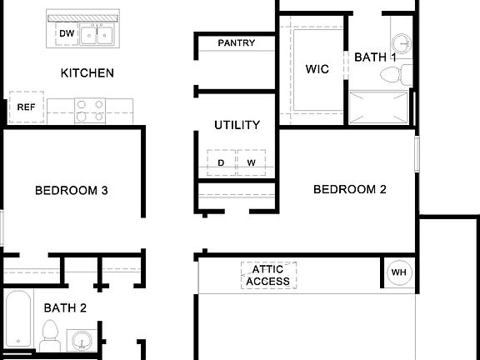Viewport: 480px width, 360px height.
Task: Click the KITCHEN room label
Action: click(x=87, y=72)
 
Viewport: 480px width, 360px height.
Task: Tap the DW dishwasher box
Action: click(x=67, y=33)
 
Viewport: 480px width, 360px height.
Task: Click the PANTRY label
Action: click(x=236, y=42)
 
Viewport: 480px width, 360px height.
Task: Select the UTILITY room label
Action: click(x=237, y=125)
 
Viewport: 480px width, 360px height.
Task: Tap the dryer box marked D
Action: click(x=221, y=162)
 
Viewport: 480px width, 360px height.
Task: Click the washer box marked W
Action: click(x=251, y=162)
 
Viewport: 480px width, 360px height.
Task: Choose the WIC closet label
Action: click(x=317, y=69)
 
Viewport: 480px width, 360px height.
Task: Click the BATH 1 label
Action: click(x=375, y=57)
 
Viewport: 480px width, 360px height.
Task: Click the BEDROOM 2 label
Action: click(x=349, y=189)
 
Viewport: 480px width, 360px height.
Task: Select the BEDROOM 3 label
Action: click(x=71, y=190)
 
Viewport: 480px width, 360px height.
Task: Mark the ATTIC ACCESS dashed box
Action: click(x=268, y=275)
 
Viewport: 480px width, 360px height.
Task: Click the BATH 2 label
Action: click(x=65, y=307)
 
